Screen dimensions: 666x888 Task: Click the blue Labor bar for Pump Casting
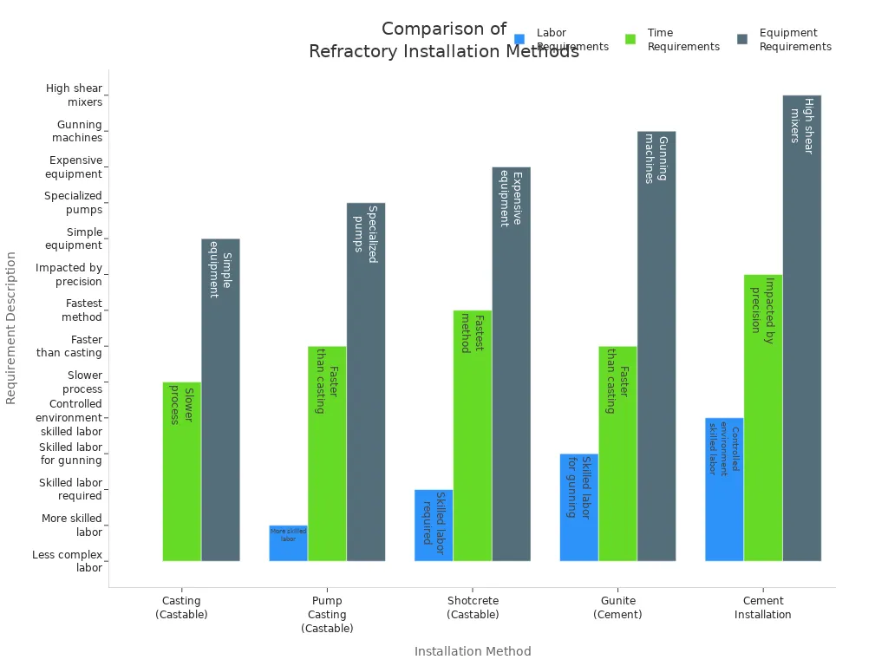click(x=288, y=544)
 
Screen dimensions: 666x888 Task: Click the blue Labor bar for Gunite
click(x=578, y=507)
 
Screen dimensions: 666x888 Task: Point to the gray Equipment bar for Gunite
click(x=656, y=346)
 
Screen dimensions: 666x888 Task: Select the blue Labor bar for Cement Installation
click(x=724, y=489)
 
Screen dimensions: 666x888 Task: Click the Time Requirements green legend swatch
click(x=630, y=39)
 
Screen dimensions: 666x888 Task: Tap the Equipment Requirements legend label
click(x=794, y=40)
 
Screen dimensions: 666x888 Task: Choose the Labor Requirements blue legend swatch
click(x=519, y=39)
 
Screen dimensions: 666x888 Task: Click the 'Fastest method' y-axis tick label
click(x=82, y=310)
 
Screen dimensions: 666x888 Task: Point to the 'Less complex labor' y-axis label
click(x=68, y=561)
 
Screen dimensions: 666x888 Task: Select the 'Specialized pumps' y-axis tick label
click(x=74, y=202)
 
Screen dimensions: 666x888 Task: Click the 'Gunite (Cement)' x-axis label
click(x=617, y=607)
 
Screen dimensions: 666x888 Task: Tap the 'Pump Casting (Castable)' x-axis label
click(x=327, y=614)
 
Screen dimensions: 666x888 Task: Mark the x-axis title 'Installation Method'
click(x=473, y=651)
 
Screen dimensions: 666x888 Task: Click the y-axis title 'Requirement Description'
click(x=11, y=328)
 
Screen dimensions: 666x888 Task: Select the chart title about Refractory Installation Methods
click(x=443, y=40)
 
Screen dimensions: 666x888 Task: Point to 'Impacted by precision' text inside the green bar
click(x=762, y=310)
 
